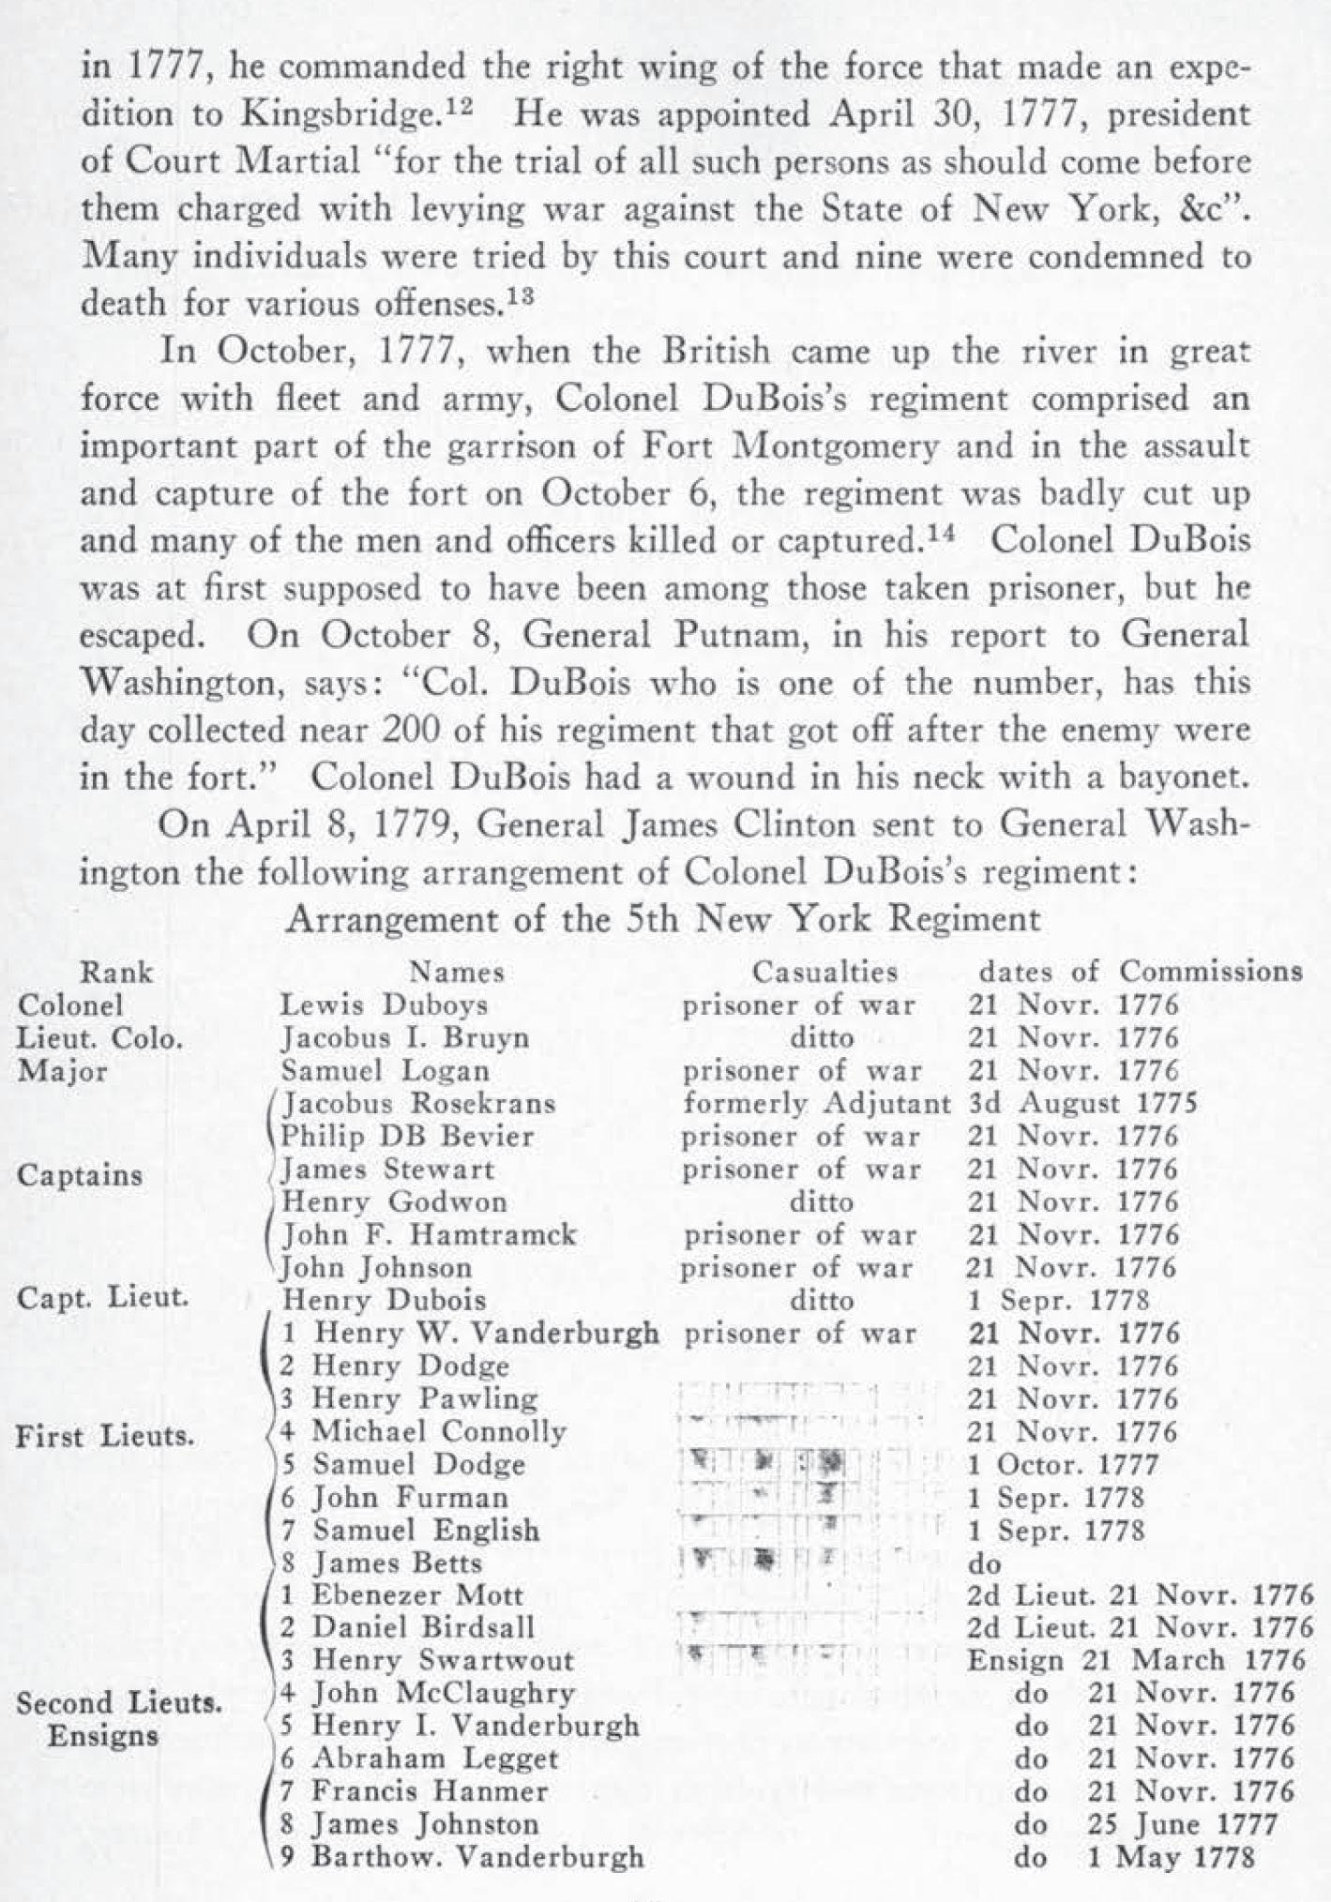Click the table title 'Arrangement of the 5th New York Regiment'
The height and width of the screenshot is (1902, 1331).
pos(663,918)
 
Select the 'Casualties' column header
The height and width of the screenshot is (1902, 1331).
pos(824,972)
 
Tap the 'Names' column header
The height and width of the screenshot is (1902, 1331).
pos(457,972)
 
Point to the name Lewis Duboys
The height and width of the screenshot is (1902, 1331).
pos(385,1005)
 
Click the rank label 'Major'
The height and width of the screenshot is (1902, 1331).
pos(63,1071)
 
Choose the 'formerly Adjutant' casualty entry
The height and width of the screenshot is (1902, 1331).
pos(816,1104)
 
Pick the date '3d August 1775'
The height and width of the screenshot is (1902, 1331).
pos(1081,1104)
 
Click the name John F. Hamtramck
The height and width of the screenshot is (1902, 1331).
pos(430,1235)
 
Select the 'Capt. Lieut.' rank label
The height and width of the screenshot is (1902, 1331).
pos(102,1299)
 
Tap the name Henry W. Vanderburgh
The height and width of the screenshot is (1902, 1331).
pos(485,1333)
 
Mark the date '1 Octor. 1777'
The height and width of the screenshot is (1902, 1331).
pos(1063,1464)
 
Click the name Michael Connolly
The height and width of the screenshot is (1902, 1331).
pos(439,1431)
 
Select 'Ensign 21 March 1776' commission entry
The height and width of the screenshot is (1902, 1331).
pos(1136,1660)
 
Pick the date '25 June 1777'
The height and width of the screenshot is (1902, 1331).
pos(1182,1824)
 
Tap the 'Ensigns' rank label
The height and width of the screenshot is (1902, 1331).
pos(103,1735)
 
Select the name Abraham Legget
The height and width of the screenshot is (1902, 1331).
pos(434,1759)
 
